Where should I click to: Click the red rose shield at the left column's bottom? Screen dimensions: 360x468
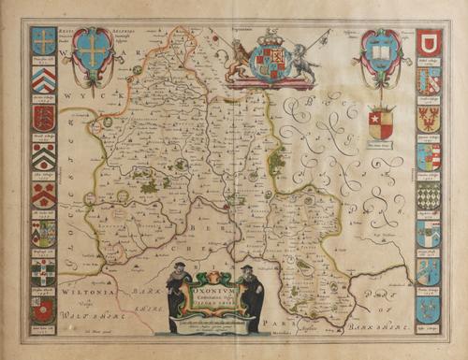point(43,311)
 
